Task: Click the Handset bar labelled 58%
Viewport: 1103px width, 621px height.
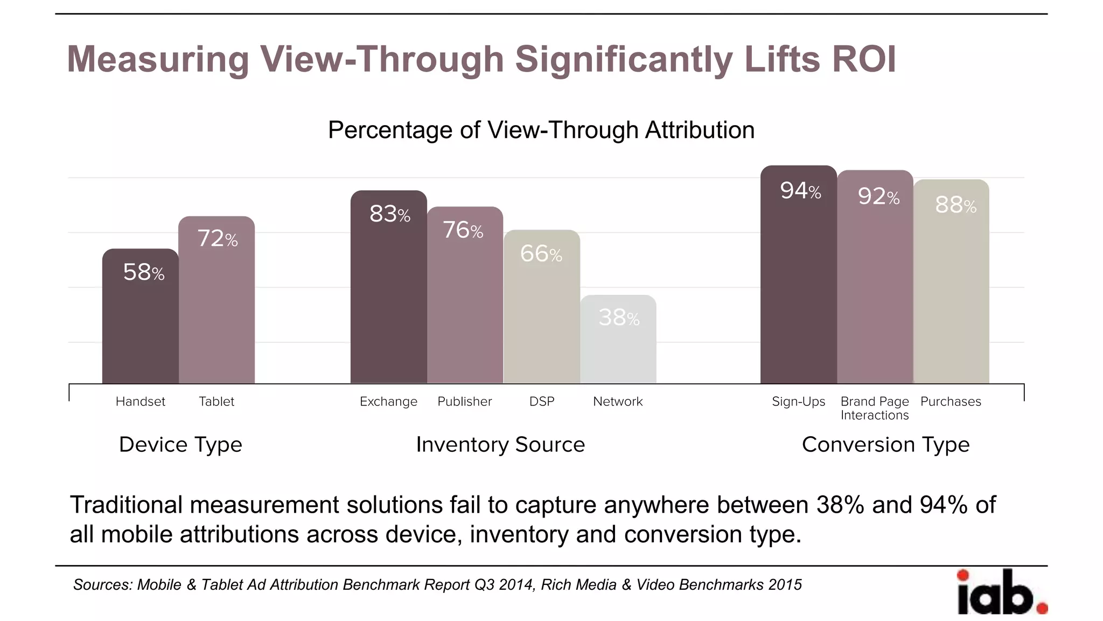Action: pyautogui.click(x=140, y=318)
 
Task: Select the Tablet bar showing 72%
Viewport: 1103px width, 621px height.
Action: pyautogui.click(x=217, y=302)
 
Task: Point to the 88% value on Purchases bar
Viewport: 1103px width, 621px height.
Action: pyautogui.click(x=955, y=205)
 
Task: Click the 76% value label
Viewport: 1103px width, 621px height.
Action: pyautogui.click(x=463, y=230)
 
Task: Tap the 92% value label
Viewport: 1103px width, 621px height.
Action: pyautogui.click(x=878, y=197)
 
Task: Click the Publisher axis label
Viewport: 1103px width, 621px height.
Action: pyautogui.click(x=464, y=402)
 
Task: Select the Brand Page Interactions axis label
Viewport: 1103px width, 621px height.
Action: pyautogui.click(x=875, y=408)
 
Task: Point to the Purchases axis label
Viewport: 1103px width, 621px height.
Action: pyautogui.click(x=951, y=402)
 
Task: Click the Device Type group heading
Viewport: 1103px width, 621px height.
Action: pyautogui.click(x=180, y=445)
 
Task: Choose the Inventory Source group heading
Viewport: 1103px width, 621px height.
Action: pyautogui.click(x=500, y=445)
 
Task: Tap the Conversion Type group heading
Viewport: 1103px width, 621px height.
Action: pyautogui.click(x=885, y=445)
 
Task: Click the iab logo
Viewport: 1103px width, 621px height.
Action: pyautogui.click(x=1001, y=593)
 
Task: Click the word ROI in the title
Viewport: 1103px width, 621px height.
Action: pyautogui.click(x=864, y=59)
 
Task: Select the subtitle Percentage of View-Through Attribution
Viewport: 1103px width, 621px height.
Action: pyautogui.click(x=541, y=130)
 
